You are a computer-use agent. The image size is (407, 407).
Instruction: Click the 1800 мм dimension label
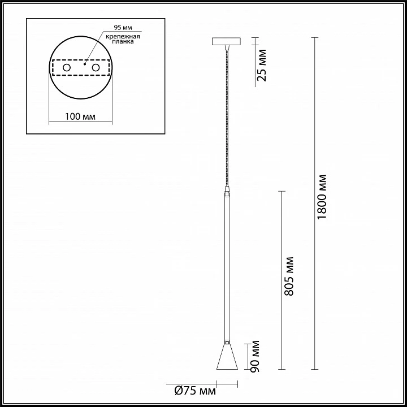(322, 197)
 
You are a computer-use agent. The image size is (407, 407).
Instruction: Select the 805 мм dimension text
(289, 276)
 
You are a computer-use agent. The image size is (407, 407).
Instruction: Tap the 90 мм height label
(255, 356)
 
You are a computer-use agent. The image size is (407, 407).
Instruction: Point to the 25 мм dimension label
(262, 65)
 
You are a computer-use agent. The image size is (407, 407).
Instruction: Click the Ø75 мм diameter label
(195, 391)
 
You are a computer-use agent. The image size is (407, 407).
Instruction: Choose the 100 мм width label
(80, 116)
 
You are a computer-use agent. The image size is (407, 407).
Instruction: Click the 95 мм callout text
(123, 28)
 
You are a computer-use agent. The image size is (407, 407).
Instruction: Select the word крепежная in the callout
(123, 36)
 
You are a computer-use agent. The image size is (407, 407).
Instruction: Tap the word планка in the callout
(123, 41)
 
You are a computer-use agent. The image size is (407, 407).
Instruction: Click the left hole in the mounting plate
(67, 68)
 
